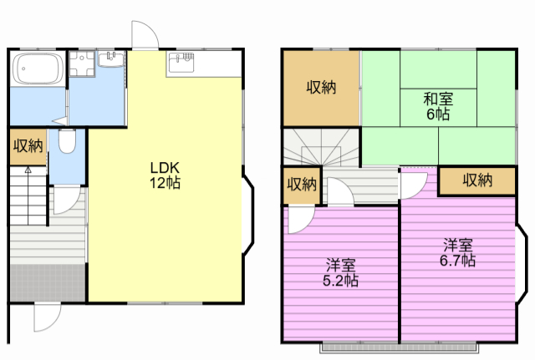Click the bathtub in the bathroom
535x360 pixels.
pyautogui.click(x=38, y=68)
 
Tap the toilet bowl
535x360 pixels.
pyautogui.click(x=67, y=140)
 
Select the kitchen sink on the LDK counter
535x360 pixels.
pyautogui.click(x=181, y=62)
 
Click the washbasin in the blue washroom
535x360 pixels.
pyautogui.click(x=111, y=58)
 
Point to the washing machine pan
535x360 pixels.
pyautogui.click(x=82, y=63)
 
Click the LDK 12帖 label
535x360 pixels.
pyautogui.click(x=166, y=175)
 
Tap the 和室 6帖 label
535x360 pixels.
pyautogui.click(x=438, y=106)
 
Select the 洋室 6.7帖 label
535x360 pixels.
pyautogui.click(x=457, y=253)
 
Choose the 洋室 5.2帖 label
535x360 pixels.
pyautogui.click(x=340, y=273)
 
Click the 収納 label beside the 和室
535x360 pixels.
pyautogui.click(x=321, y=87)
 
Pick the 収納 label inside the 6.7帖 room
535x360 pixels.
pyautogui.click(x=477, y=180)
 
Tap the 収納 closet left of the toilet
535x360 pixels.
pyautogui.click(x=28, y=146)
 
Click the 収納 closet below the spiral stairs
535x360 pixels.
pyautogui.click(x=302, y=185)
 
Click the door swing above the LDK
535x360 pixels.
pyautogui.click(x=145, y=34)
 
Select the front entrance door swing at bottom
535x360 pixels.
pyautogui.click(x=48, y=317)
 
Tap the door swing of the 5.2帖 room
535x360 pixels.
pyautogui.click(x=301, y=220)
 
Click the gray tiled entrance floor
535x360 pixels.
pyautogui.click(x=48, y=282)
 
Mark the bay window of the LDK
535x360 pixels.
pyautogui.click(x=249, y=215)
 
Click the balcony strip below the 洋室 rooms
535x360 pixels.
pyautogui.click(x=400, y=347)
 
